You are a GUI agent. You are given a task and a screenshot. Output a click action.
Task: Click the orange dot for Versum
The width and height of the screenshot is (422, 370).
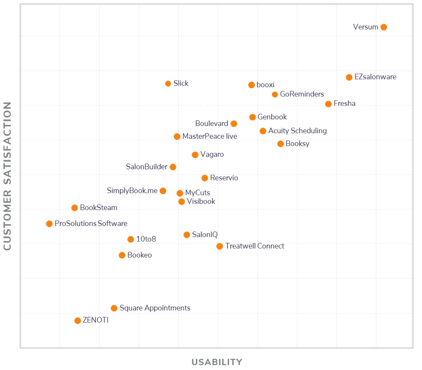[x=383, y=27]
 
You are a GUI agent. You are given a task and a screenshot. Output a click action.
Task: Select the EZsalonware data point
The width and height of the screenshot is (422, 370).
[x=349, y=77]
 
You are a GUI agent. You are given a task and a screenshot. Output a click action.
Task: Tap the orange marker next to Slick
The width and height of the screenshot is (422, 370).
[x=168, y=84]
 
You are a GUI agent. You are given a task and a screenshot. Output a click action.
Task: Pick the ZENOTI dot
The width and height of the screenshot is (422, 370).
[x=78, y=321]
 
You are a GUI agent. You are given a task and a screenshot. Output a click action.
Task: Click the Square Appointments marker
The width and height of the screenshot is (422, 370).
[x=114, y=308]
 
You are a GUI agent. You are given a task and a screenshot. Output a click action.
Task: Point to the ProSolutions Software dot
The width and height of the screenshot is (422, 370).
[x=49, y=224]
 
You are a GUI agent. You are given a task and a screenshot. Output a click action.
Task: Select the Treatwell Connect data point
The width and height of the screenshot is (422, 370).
[x=220, y=246]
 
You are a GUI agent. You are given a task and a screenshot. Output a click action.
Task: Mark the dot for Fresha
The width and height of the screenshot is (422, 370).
[x=328, y=104]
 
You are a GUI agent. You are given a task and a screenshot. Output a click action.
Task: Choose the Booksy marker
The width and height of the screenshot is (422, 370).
[x=281, y=144]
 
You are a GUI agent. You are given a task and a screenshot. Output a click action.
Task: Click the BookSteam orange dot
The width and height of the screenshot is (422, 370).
[x=75, y=208]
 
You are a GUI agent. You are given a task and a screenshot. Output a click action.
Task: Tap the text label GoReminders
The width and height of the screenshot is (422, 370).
[x=302, y=94]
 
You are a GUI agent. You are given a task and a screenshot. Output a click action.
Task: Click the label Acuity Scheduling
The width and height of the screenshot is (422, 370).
[x=297, y=131]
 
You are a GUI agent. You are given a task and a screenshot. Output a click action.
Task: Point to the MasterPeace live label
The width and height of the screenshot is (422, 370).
[x=210, y=136]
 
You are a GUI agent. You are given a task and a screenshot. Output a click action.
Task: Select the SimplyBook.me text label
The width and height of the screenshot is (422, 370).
[x=132, y=191]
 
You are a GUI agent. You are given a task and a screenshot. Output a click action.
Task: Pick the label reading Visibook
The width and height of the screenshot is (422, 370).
[x=201, y=201]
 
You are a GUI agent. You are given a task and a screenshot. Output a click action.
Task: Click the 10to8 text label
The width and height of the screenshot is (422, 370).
[x=146, y=239]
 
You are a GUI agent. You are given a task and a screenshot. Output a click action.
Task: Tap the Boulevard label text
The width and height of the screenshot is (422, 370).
[x=212, y=124]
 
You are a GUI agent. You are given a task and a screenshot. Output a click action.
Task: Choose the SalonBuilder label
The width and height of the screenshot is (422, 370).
[x=147, y=167]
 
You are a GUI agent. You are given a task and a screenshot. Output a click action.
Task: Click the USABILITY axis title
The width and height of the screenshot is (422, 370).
[x=217, y=362]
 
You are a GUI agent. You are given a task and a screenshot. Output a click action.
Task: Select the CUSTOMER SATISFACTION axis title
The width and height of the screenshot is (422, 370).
[x=7, y=176]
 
